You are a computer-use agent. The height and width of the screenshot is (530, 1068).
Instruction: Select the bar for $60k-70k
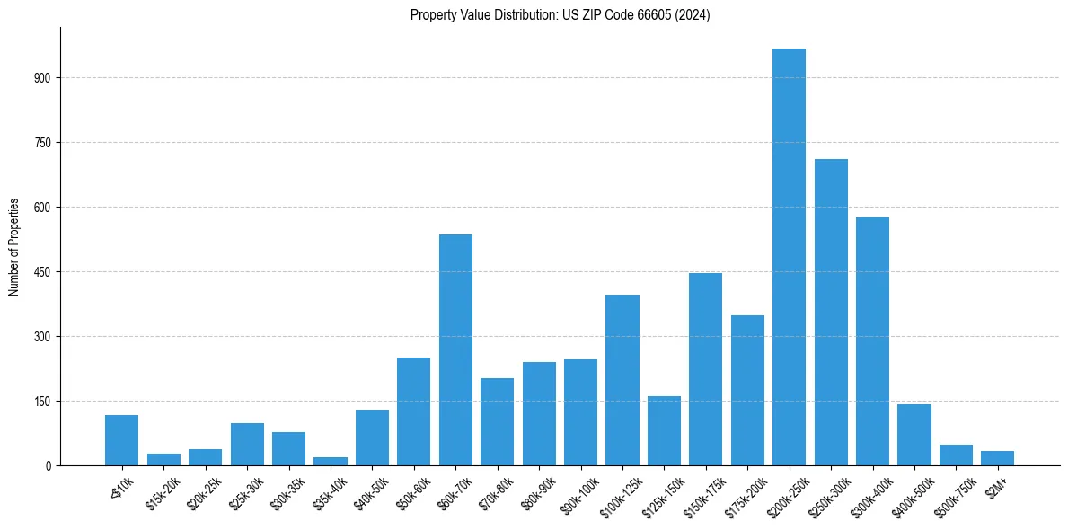tap(455, 350)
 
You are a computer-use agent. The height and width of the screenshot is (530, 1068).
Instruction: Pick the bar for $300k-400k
tap(872, 341)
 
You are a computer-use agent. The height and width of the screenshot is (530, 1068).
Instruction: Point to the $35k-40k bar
tap(331, 462)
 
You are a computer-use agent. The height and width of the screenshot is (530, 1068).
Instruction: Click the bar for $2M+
tap(997, 458)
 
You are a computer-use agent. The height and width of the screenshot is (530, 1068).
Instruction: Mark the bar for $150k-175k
tap(705, 369)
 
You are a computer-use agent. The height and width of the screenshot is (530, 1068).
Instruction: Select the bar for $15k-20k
tap(163, 460)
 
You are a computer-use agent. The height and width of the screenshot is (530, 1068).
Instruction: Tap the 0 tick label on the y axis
tap(49, 466)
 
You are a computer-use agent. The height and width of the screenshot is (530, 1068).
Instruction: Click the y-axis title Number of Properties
tap(13, 247)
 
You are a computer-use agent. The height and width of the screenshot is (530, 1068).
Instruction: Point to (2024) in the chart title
tap(695, 15)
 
